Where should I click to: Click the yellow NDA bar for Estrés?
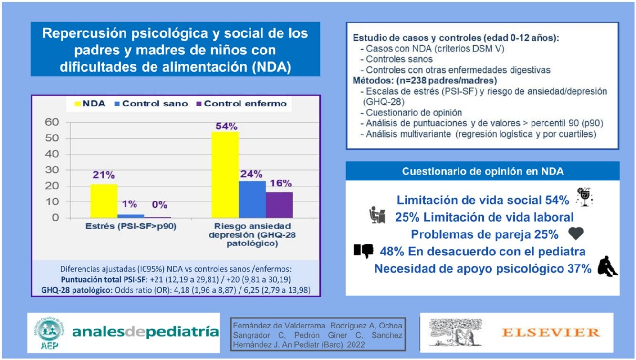pyautogui.click(x=104, y=201)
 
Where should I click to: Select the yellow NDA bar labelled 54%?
pyautogui.click(x=225, y=175)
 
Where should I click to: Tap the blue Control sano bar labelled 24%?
pyautogui.click(x=252, y=199)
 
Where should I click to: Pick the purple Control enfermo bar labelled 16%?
pyautogui.click(x=280, y=205)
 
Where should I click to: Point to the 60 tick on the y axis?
pyautogui.click(x=52, y=123)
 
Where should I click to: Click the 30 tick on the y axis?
pyautogui.click(x=52, y=170)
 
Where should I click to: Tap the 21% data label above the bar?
pyautogui.click(x=104, y=175)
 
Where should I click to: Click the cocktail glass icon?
pyautogui.click(x=584, y=196)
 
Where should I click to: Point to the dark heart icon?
pyautogui.click(x=576, y=233)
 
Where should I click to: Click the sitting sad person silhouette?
pyautogui.click(x=607, y=266)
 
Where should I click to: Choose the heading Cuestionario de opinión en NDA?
pyautogui.click(x=482, y=172)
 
